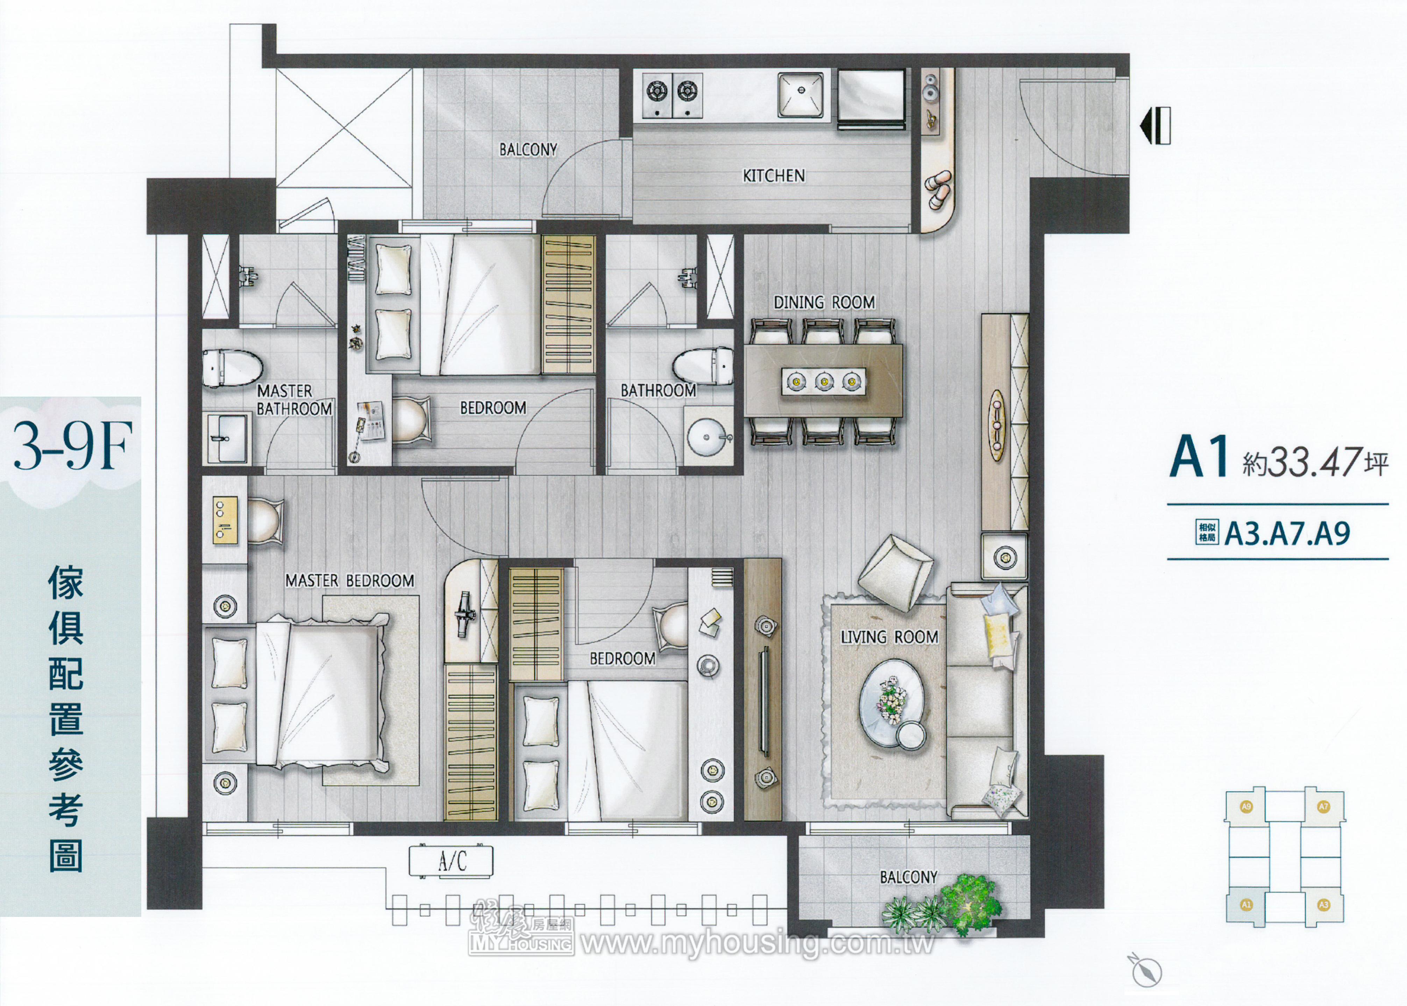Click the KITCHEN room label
click(774, 176)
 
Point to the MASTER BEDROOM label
click(350, 580)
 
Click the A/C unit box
click(451, 861)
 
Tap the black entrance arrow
click(1155, 126)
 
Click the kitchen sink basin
click(801, 94)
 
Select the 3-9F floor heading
click(73, 446)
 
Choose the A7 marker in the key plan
click(1323, 806)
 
